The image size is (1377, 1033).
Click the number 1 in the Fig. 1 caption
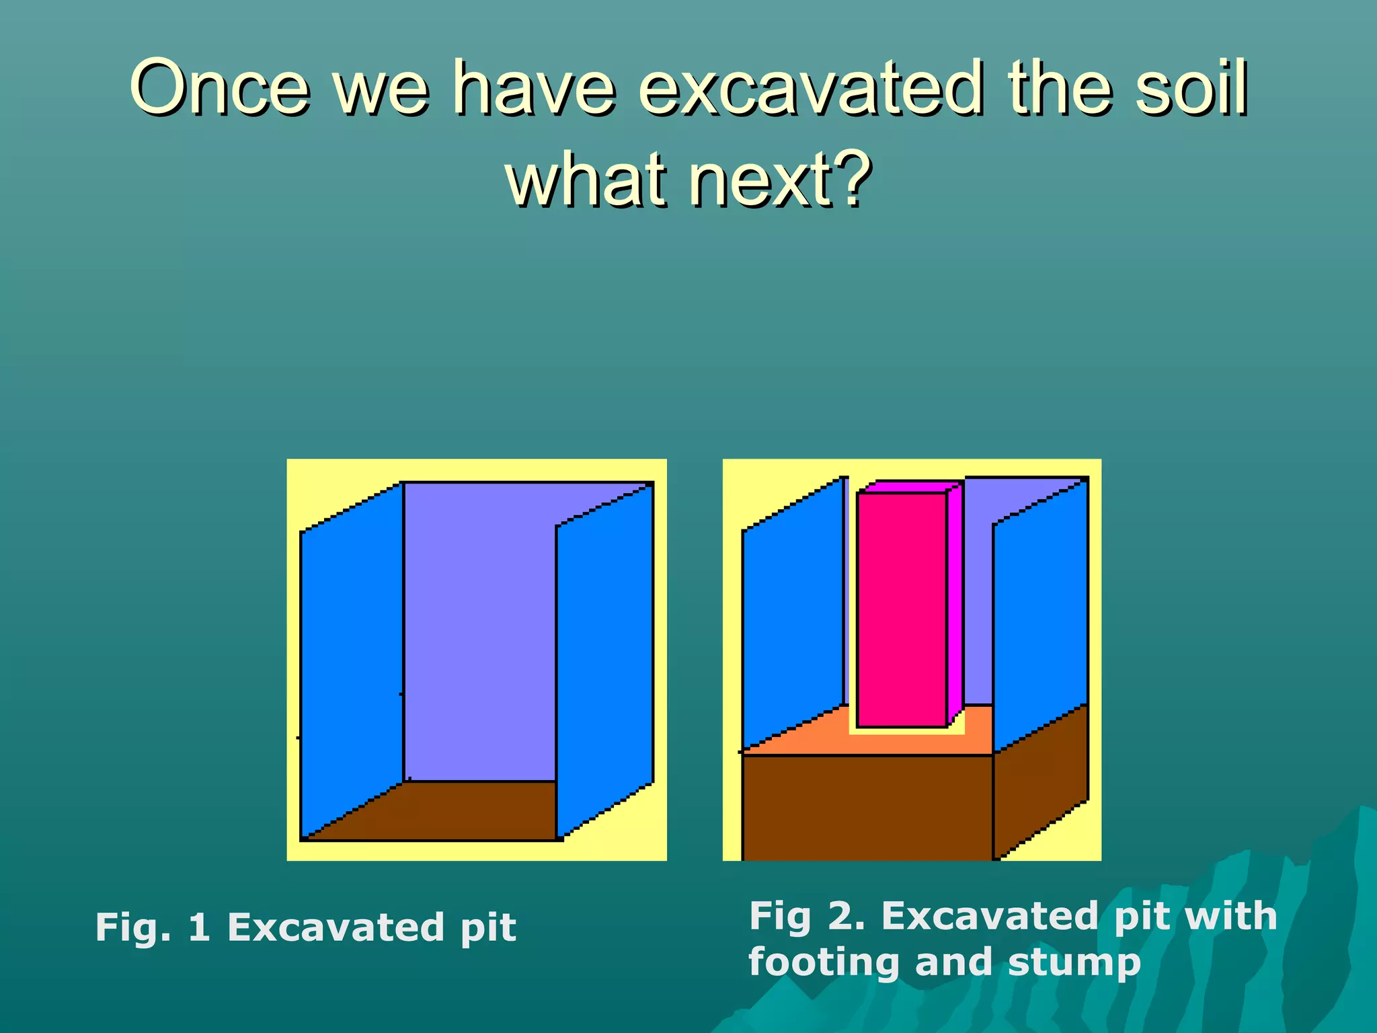click(x=199, y=927)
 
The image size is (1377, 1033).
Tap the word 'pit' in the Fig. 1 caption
click(x=488, y=929)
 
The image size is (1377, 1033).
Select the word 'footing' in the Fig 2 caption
click(x=824, y=962)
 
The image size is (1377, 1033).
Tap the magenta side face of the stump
click(x=955, y=605)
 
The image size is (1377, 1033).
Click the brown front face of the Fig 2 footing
click(x=867, y=807)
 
